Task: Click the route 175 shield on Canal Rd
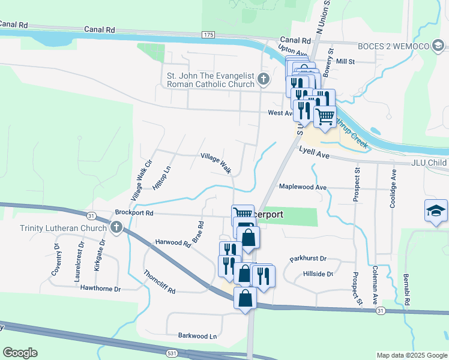click(x=208, y=35)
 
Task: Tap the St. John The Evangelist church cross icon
click(x=263, y=79)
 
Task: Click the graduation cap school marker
click(x=436, y=211)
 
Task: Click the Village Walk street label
click(x=216, y=163)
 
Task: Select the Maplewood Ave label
click(x=303, y=187)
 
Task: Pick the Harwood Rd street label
click(x=172, y=242)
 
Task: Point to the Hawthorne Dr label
click(x=100, y=289)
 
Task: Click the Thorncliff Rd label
click(x=159, y=282)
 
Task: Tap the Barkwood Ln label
click(x=197, y=336)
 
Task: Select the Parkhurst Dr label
click(x=307, y=259)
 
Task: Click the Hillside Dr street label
click(x=318, y=274)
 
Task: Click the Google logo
click(x=20, y=353)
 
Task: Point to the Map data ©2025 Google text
click(x=411, y=355)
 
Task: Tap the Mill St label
click(x=346, y=61)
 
